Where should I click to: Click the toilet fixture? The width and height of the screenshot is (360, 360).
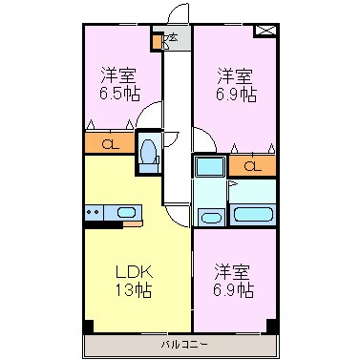pyautogui.click(x=149, y=153)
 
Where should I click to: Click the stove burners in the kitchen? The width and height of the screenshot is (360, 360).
pyautogui.click(x=94, y=212)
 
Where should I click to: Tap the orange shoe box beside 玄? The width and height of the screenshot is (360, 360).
pyautogui.click(x=157, y=41)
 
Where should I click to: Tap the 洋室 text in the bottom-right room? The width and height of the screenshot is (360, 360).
pyautogui.click(x=234, y=268)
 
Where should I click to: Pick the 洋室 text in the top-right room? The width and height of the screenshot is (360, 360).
pyautogui.click(x=234, y=74)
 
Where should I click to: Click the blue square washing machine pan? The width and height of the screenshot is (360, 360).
pyautogui.click(x=209, y=165)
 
